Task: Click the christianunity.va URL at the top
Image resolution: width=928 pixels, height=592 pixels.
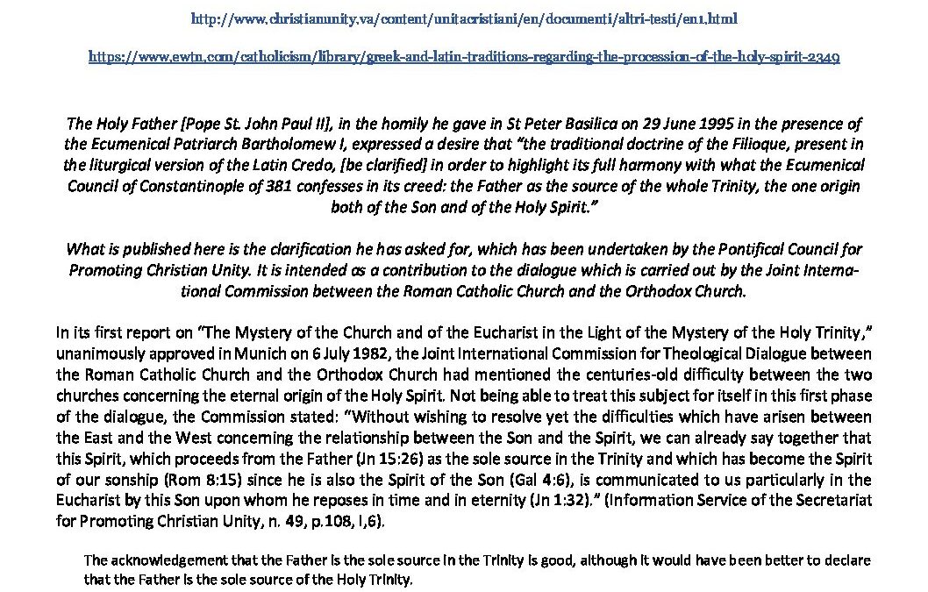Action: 465,18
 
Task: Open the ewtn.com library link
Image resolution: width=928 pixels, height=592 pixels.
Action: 465,57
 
